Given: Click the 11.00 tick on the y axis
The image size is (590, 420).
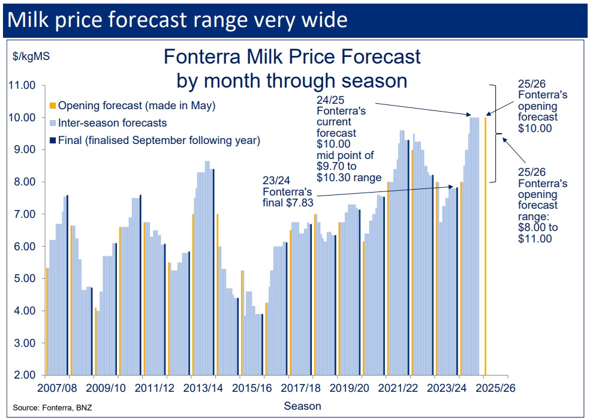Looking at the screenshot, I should click(22, 85).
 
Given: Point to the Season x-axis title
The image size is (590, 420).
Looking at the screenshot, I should click(302, 406).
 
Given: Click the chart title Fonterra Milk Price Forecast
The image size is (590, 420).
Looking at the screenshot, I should click(292, 57).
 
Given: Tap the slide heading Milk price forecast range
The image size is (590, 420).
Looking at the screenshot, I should click(177, 20).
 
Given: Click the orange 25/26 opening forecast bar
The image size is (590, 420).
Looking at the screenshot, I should click(485, 246).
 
